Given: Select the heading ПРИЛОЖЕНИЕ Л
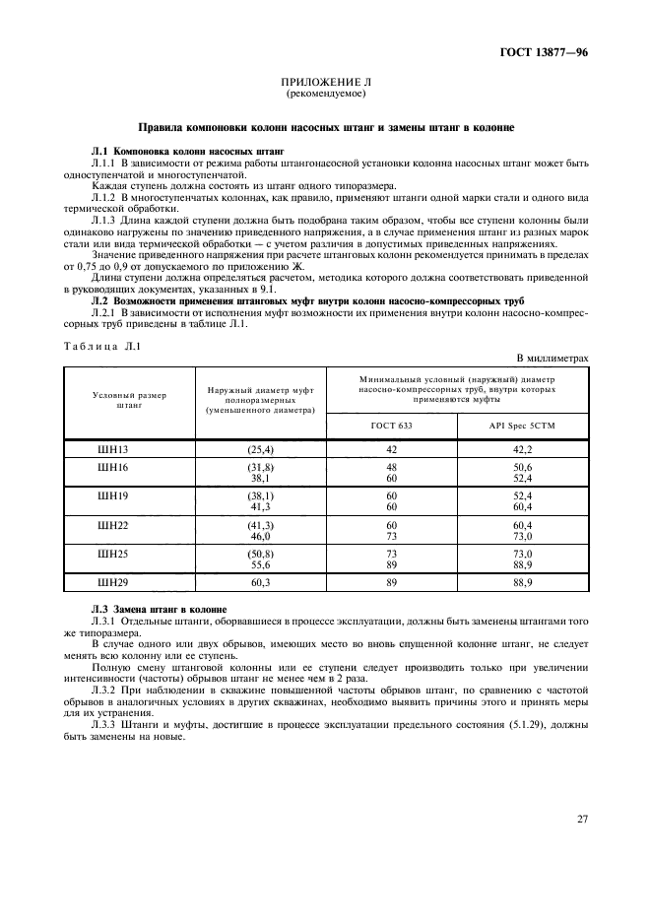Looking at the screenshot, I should pyautogui.click(x=325, y=84).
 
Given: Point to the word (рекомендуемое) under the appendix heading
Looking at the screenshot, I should pyautogui.click(x=325, y=95).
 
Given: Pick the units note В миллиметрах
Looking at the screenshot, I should pyautogui.click(x=553, y=359).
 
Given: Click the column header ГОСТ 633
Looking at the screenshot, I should pyautogui.click(x=391, y=426).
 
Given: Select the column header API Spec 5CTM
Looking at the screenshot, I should pyautogui.click(x=523, y=426).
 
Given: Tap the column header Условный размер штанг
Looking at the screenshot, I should pyautogui.click(x=129, y=399).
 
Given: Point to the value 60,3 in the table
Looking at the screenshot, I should pyautogui.click(x=260, y=583).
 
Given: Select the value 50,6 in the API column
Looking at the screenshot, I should pyautogui.click(x=523, y=467).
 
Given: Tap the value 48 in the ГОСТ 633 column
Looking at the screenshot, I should pyautogui.click(x=391, y=467).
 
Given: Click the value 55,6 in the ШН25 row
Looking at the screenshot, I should pyautogui.click(x=260, y=564).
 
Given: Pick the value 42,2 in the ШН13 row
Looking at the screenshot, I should pyautogui.click(x=523, y=449).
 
